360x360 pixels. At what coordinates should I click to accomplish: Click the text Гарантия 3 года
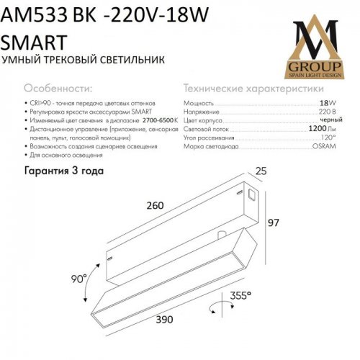point(64,171)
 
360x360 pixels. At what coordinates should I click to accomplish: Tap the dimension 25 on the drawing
point(261,171)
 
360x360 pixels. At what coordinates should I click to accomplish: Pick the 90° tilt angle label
point(77,276)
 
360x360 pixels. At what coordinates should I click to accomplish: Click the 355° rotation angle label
point(240,295)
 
